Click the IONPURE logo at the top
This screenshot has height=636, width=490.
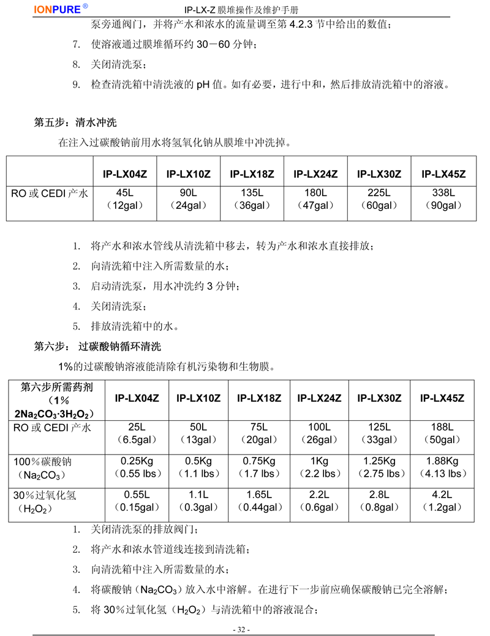click(61, 9)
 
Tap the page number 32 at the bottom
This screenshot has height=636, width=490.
click(241, 629)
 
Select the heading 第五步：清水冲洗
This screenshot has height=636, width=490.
click(75, 123)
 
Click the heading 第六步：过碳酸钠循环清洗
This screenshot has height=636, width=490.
click(97, 346)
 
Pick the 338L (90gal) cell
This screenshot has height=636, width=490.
click(443, 199)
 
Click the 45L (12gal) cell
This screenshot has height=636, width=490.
click(125, 199)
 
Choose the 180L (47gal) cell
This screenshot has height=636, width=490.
click(315, 199)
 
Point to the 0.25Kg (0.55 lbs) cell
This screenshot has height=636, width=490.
click(137, 468)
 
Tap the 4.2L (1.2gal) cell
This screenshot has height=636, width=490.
click(442, 501)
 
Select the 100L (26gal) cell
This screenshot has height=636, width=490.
click(319, 433)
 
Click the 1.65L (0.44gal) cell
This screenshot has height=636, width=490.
click(259, 501)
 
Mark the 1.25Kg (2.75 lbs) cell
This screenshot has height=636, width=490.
click(379, 468)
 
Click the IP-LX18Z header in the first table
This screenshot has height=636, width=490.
click(252, 174)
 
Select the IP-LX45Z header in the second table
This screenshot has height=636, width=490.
click(442, 398)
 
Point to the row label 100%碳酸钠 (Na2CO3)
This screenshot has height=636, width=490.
click(43, 468)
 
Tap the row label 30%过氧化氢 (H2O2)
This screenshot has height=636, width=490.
click(44, 502)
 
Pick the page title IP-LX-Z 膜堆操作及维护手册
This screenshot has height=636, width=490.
click(241, 10)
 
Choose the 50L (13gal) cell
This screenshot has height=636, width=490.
click(198, 433)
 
